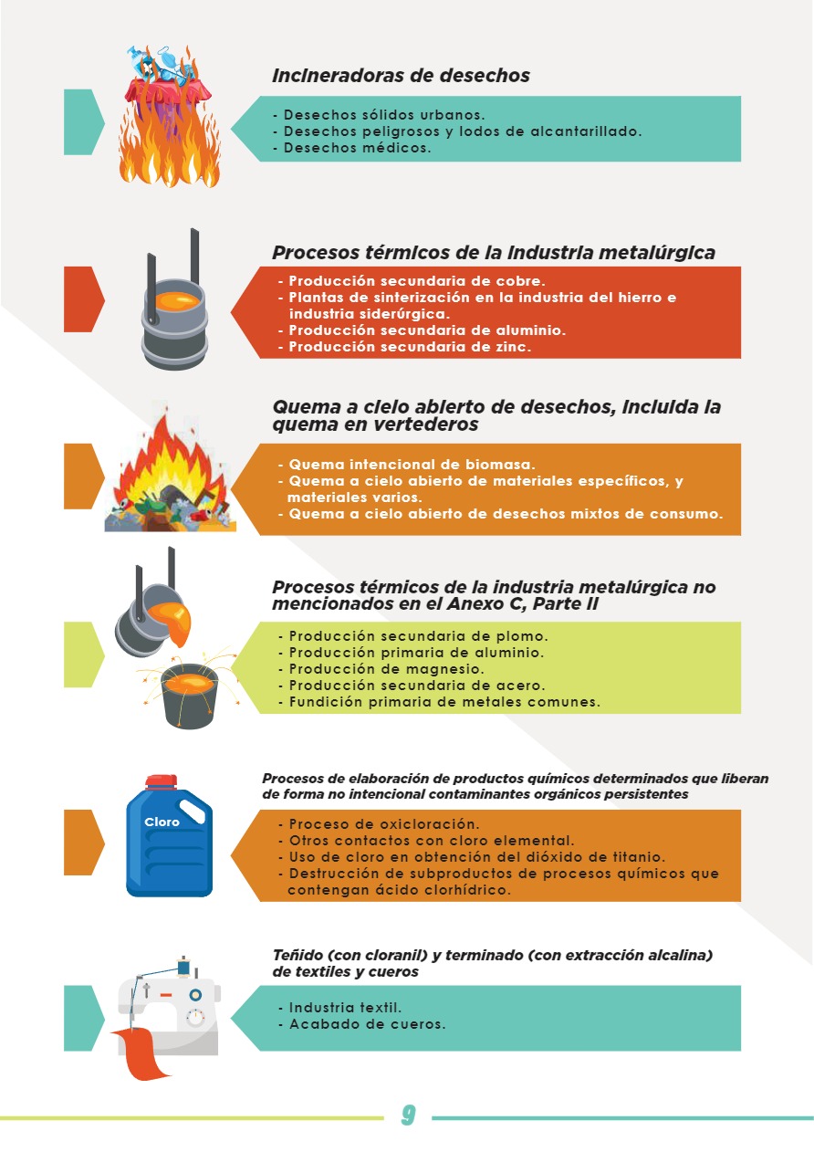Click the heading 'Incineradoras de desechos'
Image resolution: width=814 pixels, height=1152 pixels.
click(401, 76)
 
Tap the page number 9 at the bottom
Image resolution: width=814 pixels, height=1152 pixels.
click(408, 1115)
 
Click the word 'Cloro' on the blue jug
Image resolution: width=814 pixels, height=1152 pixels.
click(162, 822)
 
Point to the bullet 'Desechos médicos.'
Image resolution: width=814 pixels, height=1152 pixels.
click(352, 148)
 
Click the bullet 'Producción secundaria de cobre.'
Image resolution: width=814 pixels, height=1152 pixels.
click(412, 281)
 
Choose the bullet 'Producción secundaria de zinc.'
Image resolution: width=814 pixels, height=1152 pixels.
click(404, 347)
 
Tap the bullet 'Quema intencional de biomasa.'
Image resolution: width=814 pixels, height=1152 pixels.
click(407, 465)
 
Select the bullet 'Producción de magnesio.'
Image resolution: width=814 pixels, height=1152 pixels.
click(381, 670)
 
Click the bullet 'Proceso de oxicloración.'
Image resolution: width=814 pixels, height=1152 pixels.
click(379, 824)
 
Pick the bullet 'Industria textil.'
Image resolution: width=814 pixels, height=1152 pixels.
click(339, 1008)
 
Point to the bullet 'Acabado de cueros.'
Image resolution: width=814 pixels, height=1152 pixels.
click(362, 1024)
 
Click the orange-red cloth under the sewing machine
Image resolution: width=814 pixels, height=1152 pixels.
click(138, 1053)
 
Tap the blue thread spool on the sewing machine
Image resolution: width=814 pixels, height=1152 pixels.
click(183, 967)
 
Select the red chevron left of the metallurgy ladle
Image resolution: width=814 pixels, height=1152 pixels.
click(84, 299)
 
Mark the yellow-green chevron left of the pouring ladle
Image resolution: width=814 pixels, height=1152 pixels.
click(84, 655)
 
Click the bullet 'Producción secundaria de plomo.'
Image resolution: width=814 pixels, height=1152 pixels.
click(413, 636)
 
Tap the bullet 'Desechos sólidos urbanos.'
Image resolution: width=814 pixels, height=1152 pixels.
click(379, 115)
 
